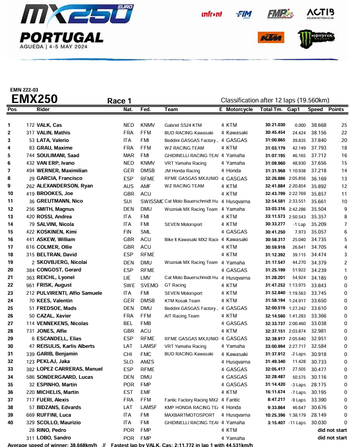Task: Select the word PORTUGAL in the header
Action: (x=61, y=37)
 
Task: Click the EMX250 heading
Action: (x=35, y=99)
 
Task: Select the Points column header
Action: (x=336, y=109)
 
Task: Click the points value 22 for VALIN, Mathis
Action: (x=344, y=132)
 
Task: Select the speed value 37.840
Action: (x=316, y=140)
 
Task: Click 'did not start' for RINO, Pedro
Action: (x=332, y=430)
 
